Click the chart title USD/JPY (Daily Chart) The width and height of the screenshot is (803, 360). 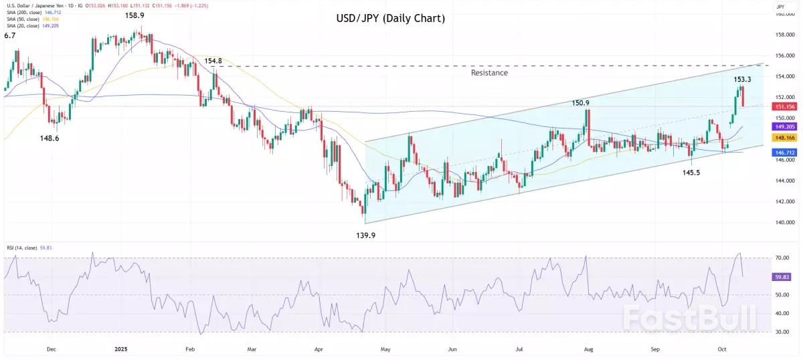tap(390, 18)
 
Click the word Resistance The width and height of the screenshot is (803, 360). tap(489, 72)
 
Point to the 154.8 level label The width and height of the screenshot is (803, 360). tap(213, 61)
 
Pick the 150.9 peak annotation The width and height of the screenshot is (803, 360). tap(580, 103)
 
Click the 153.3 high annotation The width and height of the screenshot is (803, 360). tap(742, 79)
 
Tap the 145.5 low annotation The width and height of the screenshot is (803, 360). tap(691, 172)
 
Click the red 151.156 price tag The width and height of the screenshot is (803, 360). tap(784, 106)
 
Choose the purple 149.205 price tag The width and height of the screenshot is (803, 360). tap(784, 126)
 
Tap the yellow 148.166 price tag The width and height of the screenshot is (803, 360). tap(784, 137)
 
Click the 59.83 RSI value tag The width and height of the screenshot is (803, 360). tap(782, 276)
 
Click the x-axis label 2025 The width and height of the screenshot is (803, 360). tap(120, 349)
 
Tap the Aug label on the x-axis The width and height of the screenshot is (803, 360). tap(589, 349)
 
